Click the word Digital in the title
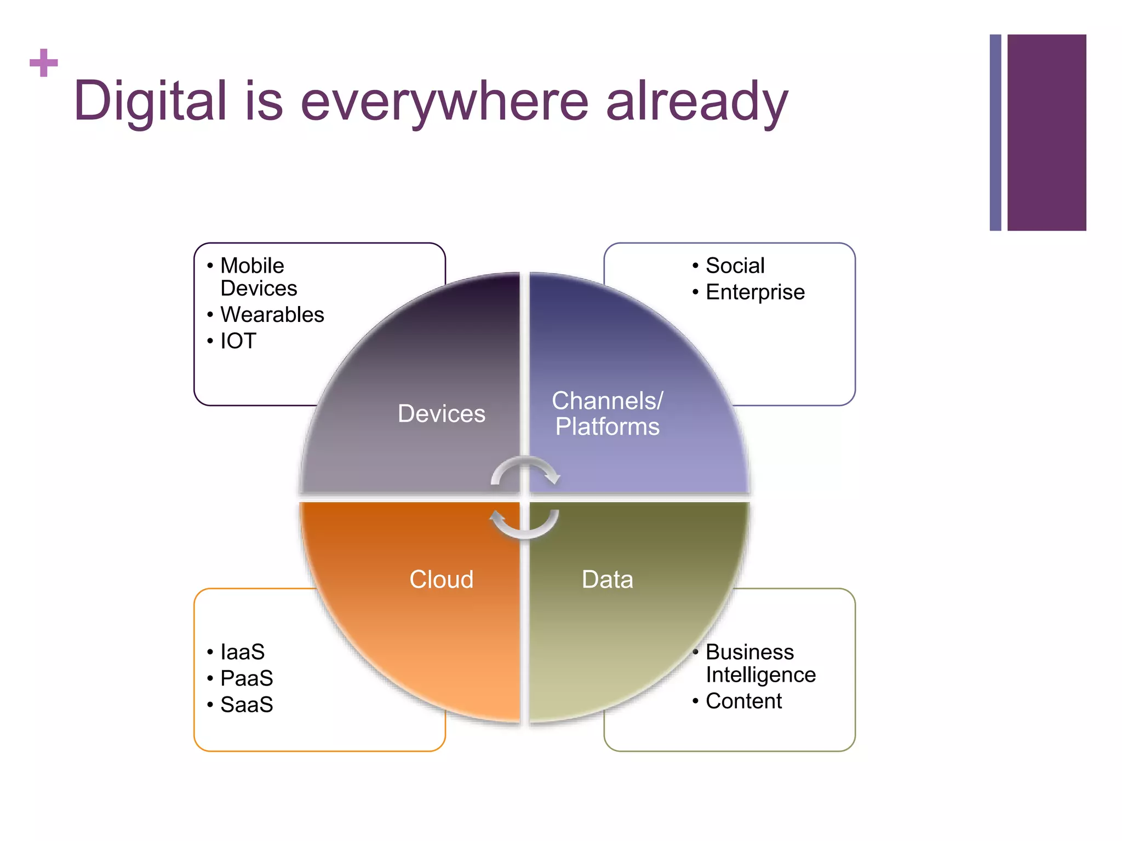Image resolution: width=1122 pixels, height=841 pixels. coord(150,101)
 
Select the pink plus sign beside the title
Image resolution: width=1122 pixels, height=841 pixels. coord(44,62)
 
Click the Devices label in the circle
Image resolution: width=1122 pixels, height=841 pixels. coord(441,414)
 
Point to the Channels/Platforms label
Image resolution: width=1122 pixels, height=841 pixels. coord(607,414)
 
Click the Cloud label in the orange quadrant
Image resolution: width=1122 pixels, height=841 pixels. coord(441,579)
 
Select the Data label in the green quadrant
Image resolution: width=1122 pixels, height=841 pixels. coord(607,579)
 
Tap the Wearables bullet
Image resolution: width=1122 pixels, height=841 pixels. coord(272,315)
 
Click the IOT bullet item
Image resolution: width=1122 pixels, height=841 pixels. coord(238,341)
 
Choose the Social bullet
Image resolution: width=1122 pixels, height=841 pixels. coord(735,266)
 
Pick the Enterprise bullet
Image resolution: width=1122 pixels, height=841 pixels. coord(755,292)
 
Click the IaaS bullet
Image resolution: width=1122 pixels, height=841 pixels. coord(242,652)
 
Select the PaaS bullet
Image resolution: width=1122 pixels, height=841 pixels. coord(247,678)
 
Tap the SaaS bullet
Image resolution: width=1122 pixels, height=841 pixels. coord(247,705)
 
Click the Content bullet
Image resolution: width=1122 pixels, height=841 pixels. coord(743,701)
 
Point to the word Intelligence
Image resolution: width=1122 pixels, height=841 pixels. coord(760,675)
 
